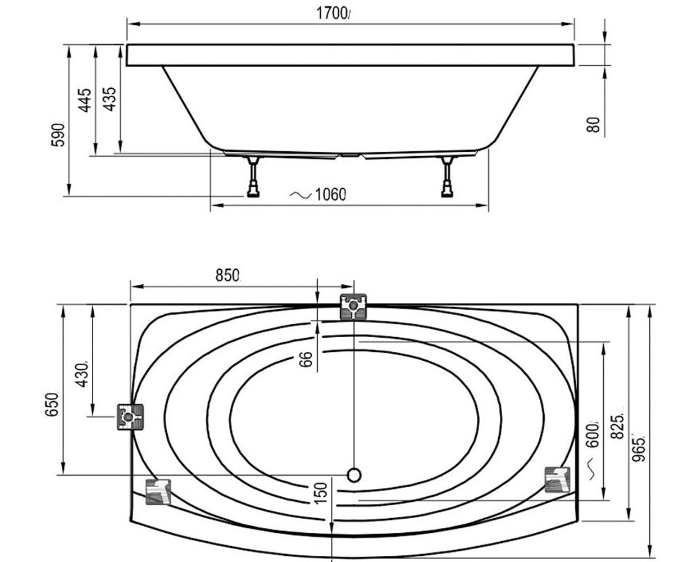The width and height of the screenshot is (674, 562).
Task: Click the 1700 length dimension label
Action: tap(332, 13)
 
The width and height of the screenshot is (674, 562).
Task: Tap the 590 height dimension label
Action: tap(58, 135)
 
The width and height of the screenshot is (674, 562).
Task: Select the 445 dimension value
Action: tap(85, 101)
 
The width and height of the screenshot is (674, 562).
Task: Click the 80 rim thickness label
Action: tap(593, 125)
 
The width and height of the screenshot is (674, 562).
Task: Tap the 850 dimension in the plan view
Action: tap(227, 275)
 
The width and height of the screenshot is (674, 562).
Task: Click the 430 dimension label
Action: tap(81, 375)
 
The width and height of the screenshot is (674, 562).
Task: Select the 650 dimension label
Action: tap(52, 405)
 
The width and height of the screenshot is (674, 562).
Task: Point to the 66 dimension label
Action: tap(306, 359)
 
